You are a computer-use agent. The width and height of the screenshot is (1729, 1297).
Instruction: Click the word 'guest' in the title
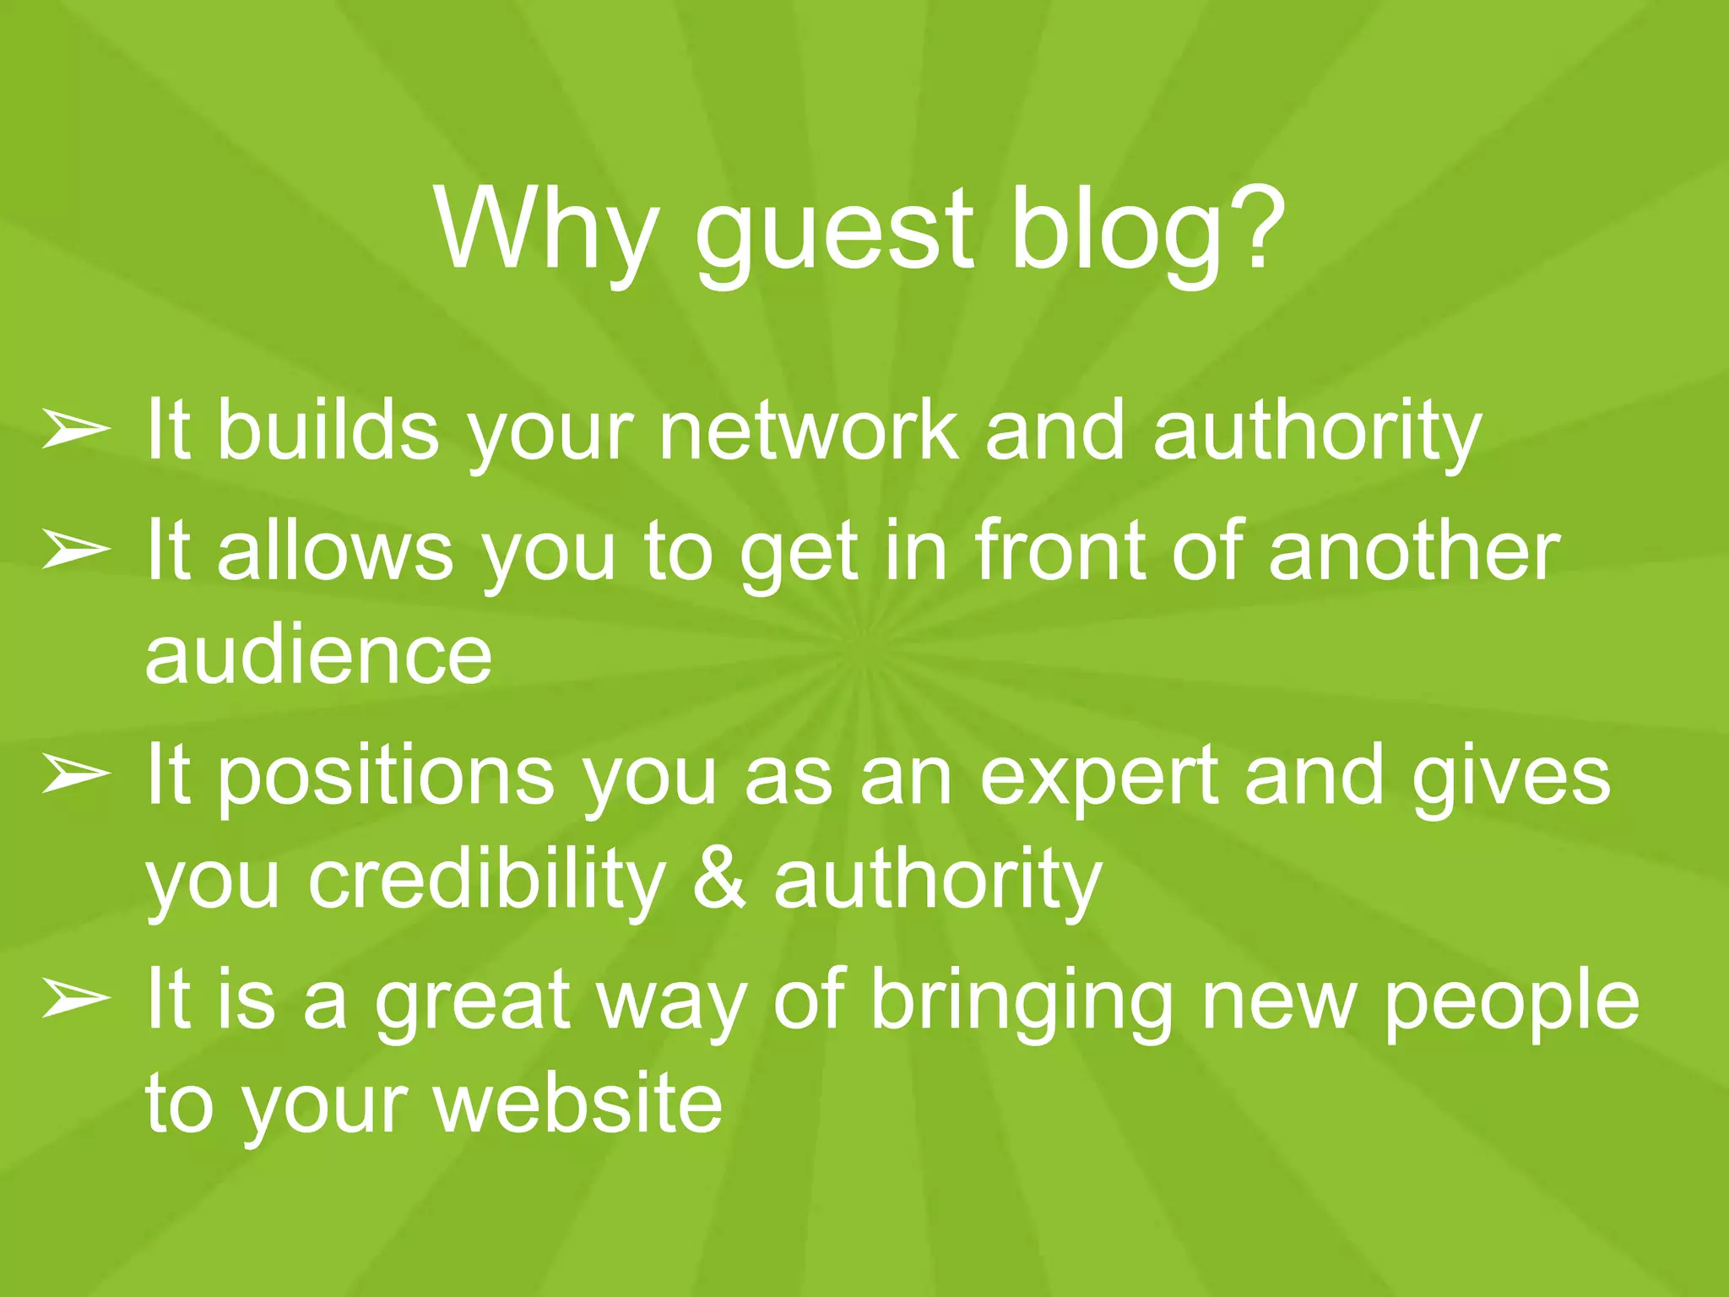[x=833, y=232]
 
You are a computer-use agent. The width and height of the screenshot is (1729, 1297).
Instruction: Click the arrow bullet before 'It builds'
[x=76, y=430]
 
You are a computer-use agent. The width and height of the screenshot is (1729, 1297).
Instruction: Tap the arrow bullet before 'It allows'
[x=76, y=551]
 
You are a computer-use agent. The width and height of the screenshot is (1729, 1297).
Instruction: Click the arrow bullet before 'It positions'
[x=76, y=775]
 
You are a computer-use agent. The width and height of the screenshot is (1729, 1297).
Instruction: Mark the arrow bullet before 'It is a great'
[x=76, y=1000]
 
